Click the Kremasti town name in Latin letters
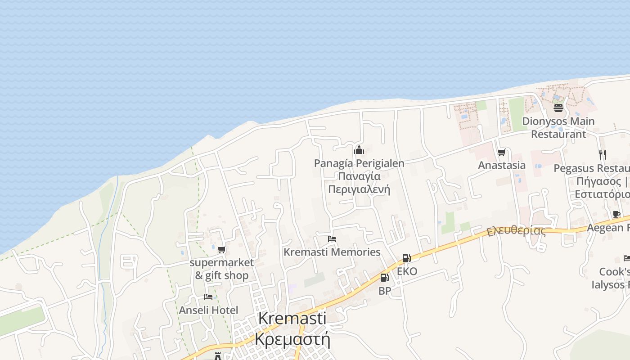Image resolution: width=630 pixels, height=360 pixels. point(292,318)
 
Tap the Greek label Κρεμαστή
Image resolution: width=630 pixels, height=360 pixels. point(292,339)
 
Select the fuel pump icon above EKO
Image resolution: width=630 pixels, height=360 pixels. point(406,258)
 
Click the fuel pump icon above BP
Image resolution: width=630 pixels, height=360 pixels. point(384,278)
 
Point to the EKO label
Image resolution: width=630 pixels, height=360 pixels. point(407,271)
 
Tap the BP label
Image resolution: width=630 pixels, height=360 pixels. point(384,291)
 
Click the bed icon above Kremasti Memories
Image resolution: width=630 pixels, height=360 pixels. point(332,239)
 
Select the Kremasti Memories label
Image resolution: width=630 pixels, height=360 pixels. point(332,252)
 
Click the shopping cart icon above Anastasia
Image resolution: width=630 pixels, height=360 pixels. point(501,153)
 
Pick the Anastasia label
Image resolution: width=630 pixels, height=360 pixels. point(501,165)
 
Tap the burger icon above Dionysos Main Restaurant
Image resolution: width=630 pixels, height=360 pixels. point(558,108)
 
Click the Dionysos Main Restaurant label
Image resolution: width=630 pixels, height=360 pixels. point(558,127)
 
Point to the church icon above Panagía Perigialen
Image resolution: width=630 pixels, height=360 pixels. point(359,150)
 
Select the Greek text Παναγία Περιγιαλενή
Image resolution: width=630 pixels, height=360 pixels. point(359,183)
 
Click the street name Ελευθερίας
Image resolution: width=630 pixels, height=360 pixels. point(516,231)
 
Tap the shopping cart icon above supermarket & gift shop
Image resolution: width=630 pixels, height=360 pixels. point(221,250)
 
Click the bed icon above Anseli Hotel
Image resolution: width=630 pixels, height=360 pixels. point(208,297)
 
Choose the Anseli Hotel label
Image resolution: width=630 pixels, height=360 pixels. point(208,310)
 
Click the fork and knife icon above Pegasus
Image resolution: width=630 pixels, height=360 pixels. point(602,155)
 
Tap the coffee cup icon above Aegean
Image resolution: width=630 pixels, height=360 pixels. point(616,214)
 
